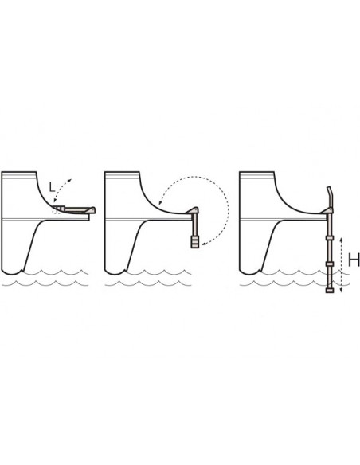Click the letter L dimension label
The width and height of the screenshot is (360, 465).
53,187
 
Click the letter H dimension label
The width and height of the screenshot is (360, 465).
354,260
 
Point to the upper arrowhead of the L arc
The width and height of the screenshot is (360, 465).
70,180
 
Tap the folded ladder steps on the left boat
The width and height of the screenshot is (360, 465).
59,209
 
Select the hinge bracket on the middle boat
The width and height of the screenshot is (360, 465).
193,210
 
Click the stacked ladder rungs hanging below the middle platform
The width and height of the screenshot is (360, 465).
195,242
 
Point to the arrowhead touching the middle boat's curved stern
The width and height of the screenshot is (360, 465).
160,203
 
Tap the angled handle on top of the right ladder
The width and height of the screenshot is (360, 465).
330,196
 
